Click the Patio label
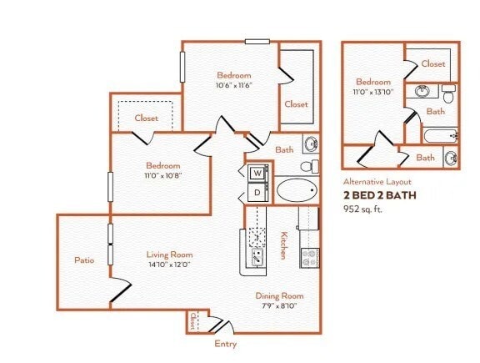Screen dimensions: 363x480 82,260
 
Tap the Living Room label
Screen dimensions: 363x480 169,255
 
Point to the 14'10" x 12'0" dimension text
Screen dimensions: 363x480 169,265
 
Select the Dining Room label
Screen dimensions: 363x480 279,296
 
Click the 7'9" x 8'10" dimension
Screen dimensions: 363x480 279,306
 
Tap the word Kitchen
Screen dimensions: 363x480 284,244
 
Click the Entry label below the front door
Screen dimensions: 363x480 225,343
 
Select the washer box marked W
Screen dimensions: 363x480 257,173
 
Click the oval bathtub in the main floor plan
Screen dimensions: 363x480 297,190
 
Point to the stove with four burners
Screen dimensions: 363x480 309,258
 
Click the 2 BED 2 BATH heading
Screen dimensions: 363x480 379,195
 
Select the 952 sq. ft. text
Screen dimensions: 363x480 367,209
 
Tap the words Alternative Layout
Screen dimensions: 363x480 377,181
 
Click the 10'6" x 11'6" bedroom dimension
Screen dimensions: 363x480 229,85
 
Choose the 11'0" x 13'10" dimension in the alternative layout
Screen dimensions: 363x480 373,93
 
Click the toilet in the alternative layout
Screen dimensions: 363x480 448,94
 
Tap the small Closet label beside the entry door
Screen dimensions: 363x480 192,320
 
